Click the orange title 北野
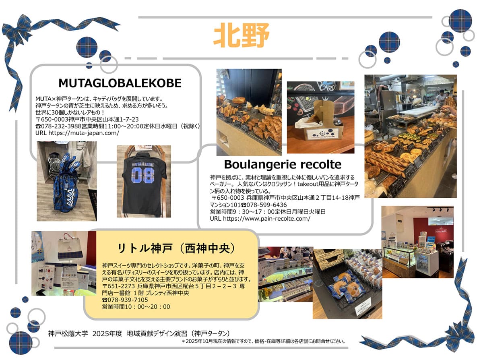241,35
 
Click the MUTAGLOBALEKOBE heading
120,83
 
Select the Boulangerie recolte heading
283,164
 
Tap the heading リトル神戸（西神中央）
177,248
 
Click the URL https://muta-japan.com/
77,133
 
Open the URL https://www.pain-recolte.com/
260,219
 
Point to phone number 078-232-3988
62,126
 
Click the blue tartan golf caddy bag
66,183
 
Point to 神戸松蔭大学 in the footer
68,334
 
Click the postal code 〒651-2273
118,286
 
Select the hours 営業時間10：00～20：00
136,307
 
